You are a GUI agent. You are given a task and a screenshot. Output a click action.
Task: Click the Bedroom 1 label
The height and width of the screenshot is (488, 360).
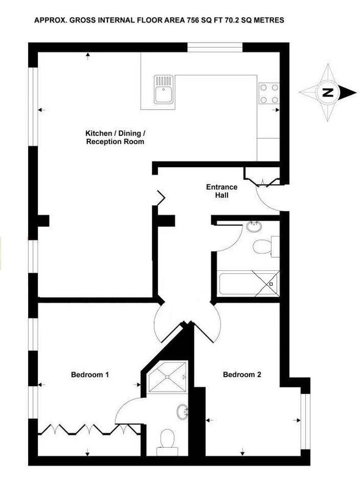pyautogui.click(x=90, y=375)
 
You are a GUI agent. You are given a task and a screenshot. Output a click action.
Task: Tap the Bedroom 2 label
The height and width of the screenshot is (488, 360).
pyautogui.click(x=242, y=375)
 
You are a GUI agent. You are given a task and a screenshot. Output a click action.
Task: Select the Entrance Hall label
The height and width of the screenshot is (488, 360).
pyautogui.click(x=221, y=191)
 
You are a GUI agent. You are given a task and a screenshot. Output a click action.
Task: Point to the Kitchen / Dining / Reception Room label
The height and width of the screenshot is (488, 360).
pyautogui.click(x=115, y=138)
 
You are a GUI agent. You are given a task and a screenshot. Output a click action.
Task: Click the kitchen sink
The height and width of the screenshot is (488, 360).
pyautogui.click(x=164, y=89)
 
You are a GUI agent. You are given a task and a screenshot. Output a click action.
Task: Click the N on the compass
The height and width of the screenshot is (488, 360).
pyautogui.click(x=327, y=93)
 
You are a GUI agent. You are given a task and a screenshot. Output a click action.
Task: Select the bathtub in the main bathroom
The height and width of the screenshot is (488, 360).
pyautogui.click(x=248, y=283)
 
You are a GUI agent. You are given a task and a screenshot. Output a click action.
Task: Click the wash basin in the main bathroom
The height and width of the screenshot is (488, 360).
pyautogui.click(x=254, y=226)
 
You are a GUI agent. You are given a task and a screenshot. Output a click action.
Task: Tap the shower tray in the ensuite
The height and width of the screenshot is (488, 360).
pyautogui.click(x=168, y=376)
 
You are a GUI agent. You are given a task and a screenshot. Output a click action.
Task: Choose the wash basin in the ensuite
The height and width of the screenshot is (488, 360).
pyautogui.click(x=182, y=412)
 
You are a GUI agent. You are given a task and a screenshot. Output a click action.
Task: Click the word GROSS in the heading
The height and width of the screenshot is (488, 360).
pyautogui.click(x=82, y=21)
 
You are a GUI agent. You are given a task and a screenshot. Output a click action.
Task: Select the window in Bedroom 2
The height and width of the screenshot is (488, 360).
pyautogui.click(x=306, y=422)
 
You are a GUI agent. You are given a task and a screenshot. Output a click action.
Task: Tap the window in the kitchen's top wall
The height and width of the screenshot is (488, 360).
pyautogui.click(x=215, y=48)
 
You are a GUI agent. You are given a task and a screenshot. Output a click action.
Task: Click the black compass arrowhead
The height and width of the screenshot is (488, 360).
pyautogui.click(x=348, y=93)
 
